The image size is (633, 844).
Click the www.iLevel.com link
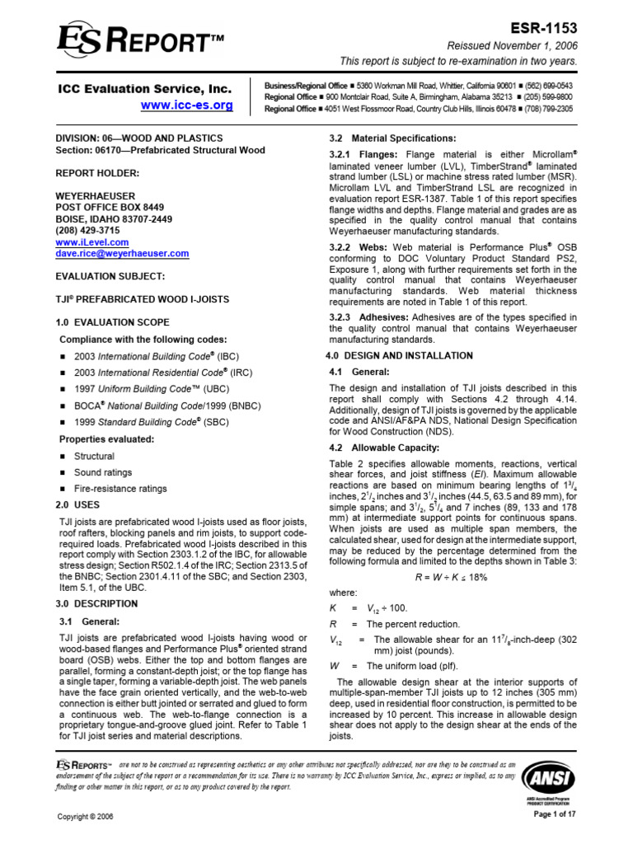[92, 243]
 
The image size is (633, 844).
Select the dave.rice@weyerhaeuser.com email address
[122, 255]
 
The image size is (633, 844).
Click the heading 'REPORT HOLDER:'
[92, 174]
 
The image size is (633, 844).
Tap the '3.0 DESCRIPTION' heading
[99, 603]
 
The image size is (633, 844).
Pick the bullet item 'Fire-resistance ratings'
[120, 489]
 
